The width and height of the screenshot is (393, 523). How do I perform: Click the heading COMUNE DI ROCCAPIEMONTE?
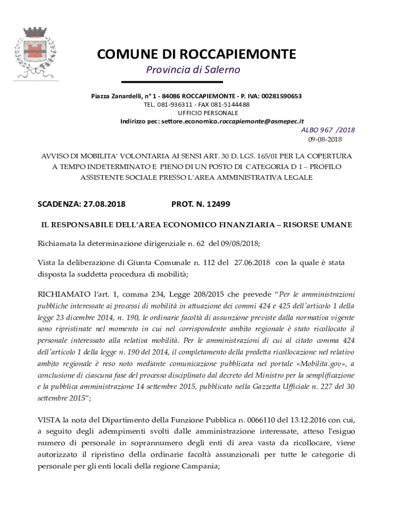pos(196,54)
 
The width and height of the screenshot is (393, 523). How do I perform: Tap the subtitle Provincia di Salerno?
pos(193,69)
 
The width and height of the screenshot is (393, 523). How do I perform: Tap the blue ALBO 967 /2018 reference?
pos(328,130)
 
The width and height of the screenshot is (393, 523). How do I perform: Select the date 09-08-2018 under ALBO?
pos(325,139)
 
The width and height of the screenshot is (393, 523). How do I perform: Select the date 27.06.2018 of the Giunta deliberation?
pos(252,263)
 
